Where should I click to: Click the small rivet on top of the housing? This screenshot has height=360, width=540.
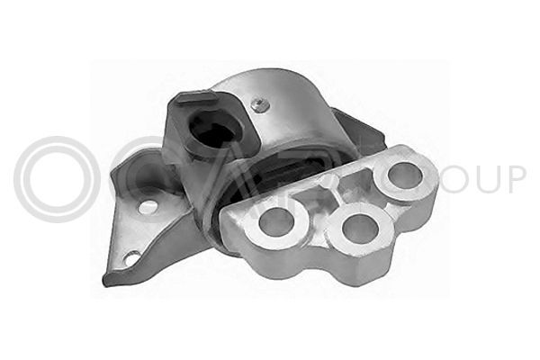pyautogui.click(x=259, y=104)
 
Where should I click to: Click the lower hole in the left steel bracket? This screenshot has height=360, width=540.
pyautogui.click(x=132, y=258)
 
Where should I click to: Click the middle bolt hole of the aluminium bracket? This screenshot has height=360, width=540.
pyautogui.click(x=359, y=229)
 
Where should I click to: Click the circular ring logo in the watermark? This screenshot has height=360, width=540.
pyautogui.click(x=56, y=180)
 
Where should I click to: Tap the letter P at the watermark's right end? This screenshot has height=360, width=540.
pyautogui.click(x=515, y=178)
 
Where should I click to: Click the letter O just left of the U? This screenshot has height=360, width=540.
pyautogui.click(x=450, y=178)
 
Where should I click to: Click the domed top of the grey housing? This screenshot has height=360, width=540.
pyautogui.click(x=279, y=90)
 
